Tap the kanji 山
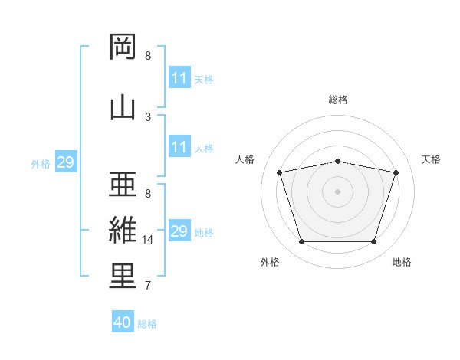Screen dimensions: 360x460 (x=123, y=107)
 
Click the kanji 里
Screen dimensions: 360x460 (x=123, y=276)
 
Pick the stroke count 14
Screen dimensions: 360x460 (x=149, y=240)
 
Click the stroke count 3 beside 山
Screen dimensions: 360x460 (x=148, y=117)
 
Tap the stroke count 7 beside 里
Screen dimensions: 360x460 (x=148, y=286)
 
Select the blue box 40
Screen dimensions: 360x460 (x=123, y=322)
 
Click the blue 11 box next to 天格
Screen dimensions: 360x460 (x=179, y=78)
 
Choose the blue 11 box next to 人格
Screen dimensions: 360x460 (x=179, y=147)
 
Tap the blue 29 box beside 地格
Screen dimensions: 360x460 (x=179, y=231)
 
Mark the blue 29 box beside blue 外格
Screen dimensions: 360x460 (x=66, y=162)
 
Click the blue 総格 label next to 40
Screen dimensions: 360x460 (x=147, y=324)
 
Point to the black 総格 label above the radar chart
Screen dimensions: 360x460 (x=338, y=100)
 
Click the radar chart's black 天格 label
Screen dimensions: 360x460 (x=432, y=159)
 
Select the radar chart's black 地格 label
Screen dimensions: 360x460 (x=402, y=263)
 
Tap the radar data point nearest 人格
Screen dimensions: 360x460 (x=280, y=172)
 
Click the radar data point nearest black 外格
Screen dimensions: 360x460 (x=301, y=242)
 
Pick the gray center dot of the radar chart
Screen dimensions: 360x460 (x=338, y=191)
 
